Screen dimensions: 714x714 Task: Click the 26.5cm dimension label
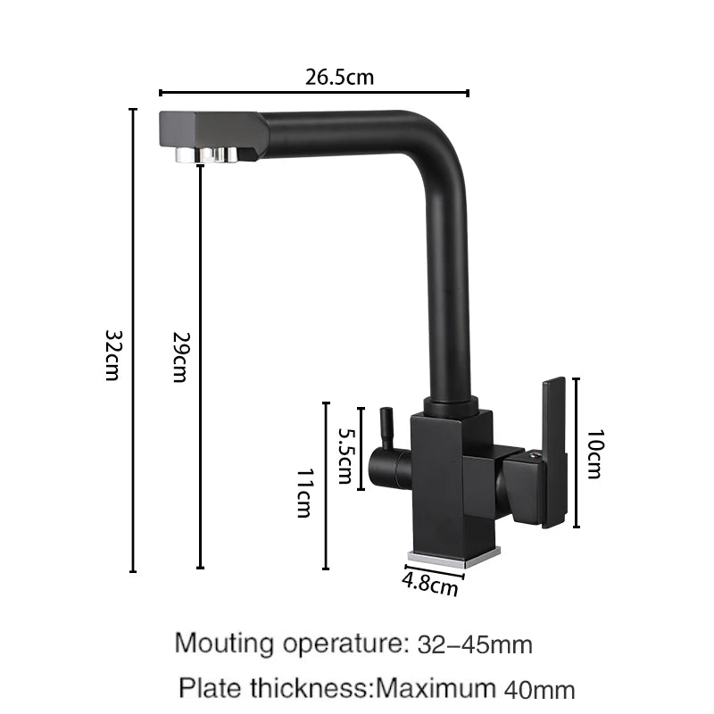coord(339,77)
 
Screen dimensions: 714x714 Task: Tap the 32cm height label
coord(112,355)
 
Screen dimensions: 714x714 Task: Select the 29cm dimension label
coord(180,357)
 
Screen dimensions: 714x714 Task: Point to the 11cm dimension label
coord(304,494)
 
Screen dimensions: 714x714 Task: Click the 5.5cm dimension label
coord(345,455)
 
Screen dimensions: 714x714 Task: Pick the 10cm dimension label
coord(594,453)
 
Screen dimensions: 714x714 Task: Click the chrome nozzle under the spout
coord(206,154)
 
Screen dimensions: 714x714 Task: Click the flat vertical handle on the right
coord(553,452)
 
